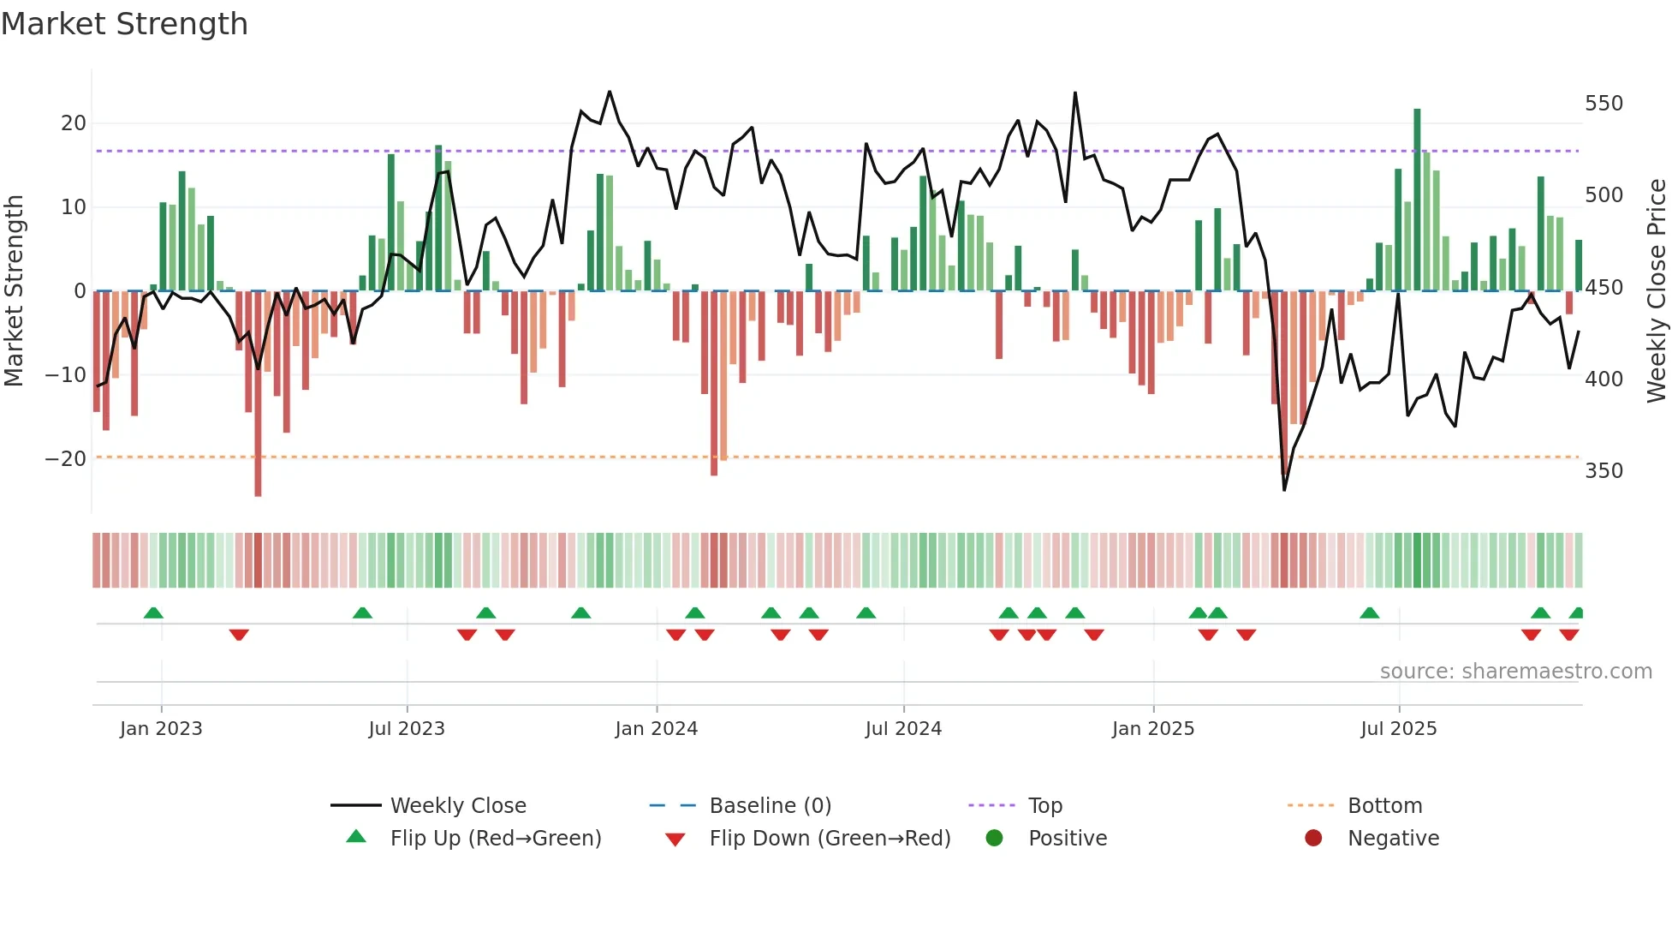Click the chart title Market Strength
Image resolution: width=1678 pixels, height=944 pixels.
point(124,24)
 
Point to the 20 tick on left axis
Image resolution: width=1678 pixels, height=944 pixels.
point(74,123)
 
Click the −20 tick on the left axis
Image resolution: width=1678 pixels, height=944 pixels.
point(66,459)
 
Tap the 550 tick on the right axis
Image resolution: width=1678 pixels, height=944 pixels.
point(1604,104)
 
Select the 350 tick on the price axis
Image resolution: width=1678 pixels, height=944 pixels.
point(1604,471)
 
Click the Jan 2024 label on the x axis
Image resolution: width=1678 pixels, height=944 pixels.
point(656,729)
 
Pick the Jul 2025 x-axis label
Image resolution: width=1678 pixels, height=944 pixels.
point(1398,729)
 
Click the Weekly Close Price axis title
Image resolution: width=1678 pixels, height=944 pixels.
point(1657,291)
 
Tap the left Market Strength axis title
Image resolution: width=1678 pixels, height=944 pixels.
point(15,291)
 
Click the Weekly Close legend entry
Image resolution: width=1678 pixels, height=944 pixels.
point(458,806)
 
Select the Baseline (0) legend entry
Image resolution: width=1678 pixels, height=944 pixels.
point(770,806)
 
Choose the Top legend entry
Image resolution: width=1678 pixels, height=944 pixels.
point(1044,806)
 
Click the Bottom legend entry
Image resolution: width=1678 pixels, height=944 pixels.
point(1384,806)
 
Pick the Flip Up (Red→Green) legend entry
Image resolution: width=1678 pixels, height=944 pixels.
point(496,839)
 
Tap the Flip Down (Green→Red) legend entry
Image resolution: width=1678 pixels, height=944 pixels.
point(830,839)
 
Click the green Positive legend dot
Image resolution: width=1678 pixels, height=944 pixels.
point(994,839)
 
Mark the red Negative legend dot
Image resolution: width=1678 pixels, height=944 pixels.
point(1313,839)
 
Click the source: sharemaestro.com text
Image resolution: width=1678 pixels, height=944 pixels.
point(1515,672)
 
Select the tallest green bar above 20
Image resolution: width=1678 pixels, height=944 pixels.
point(1417,199)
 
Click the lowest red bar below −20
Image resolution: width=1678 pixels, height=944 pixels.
point(258,394)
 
